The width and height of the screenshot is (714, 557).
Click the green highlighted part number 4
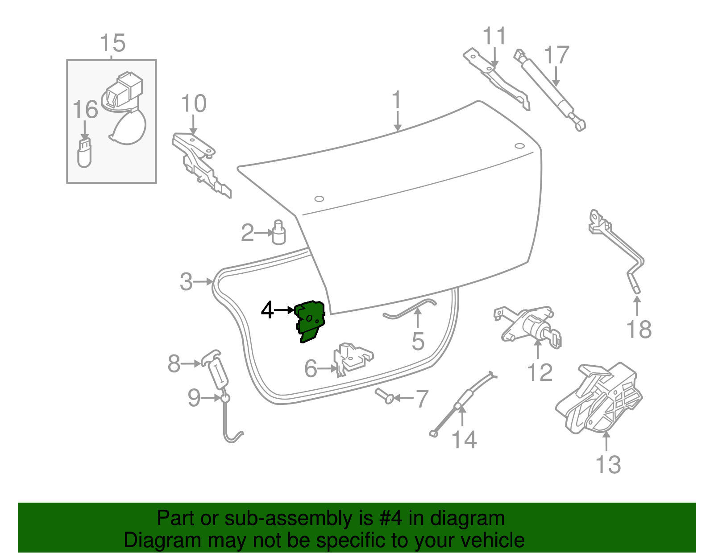(310, 321)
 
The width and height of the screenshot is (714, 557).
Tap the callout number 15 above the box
(112, 44)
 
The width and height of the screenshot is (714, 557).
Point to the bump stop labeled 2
(278, 233)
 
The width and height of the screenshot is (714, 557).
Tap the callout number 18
(639, 330)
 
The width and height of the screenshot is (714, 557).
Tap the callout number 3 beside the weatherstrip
(186, 282)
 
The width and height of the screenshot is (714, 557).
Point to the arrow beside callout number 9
(212, 397)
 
